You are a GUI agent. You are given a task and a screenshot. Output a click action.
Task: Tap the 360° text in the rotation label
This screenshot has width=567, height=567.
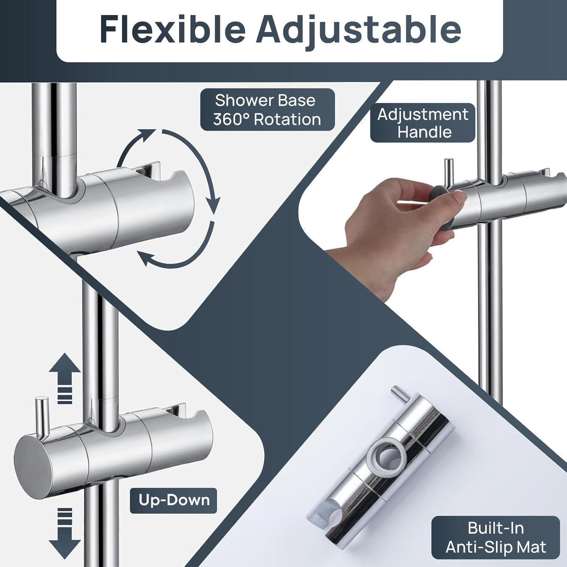tap(230, 119)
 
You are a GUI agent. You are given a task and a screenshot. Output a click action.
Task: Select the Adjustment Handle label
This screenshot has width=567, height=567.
tap(423, 123)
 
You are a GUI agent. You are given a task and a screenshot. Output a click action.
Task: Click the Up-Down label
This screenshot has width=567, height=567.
tap(174, 500)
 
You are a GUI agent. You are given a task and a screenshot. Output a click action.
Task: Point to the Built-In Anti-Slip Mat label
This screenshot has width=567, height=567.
tap(496, 537)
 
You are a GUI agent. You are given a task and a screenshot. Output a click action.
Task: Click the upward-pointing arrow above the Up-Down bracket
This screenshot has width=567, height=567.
tap(65, 378)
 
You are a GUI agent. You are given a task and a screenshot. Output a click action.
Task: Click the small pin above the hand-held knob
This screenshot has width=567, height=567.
tap(449, 170)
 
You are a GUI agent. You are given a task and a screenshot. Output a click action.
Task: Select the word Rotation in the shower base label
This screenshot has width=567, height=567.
tap(288, 119)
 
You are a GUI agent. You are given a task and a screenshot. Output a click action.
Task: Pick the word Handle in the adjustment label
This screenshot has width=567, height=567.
tap(424, 132)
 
